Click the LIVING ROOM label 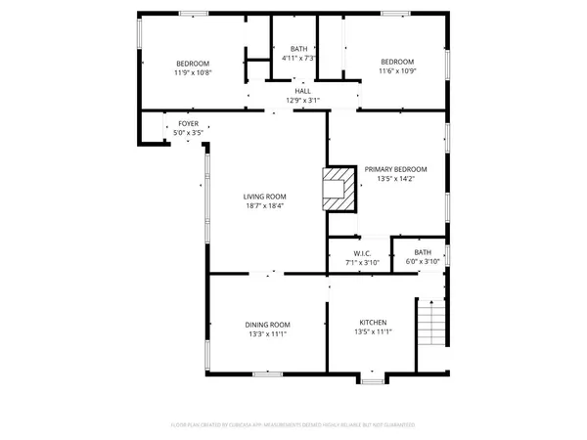tap(267, 197)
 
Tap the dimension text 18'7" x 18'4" tap(267, 206)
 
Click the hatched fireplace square tap(339, 188)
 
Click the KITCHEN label tap(373, 324)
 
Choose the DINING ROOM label tap(267, 324)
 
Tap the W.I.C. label tap(362, 252)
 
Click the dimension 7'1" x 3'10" tap(362, 262)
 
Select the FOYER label tap(187, 124)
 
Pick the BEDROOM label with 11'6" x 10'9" tap(397, 62)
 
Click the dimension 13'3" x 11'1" tap(267, 333)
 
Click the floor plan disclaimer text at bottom tap(293, 425)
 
